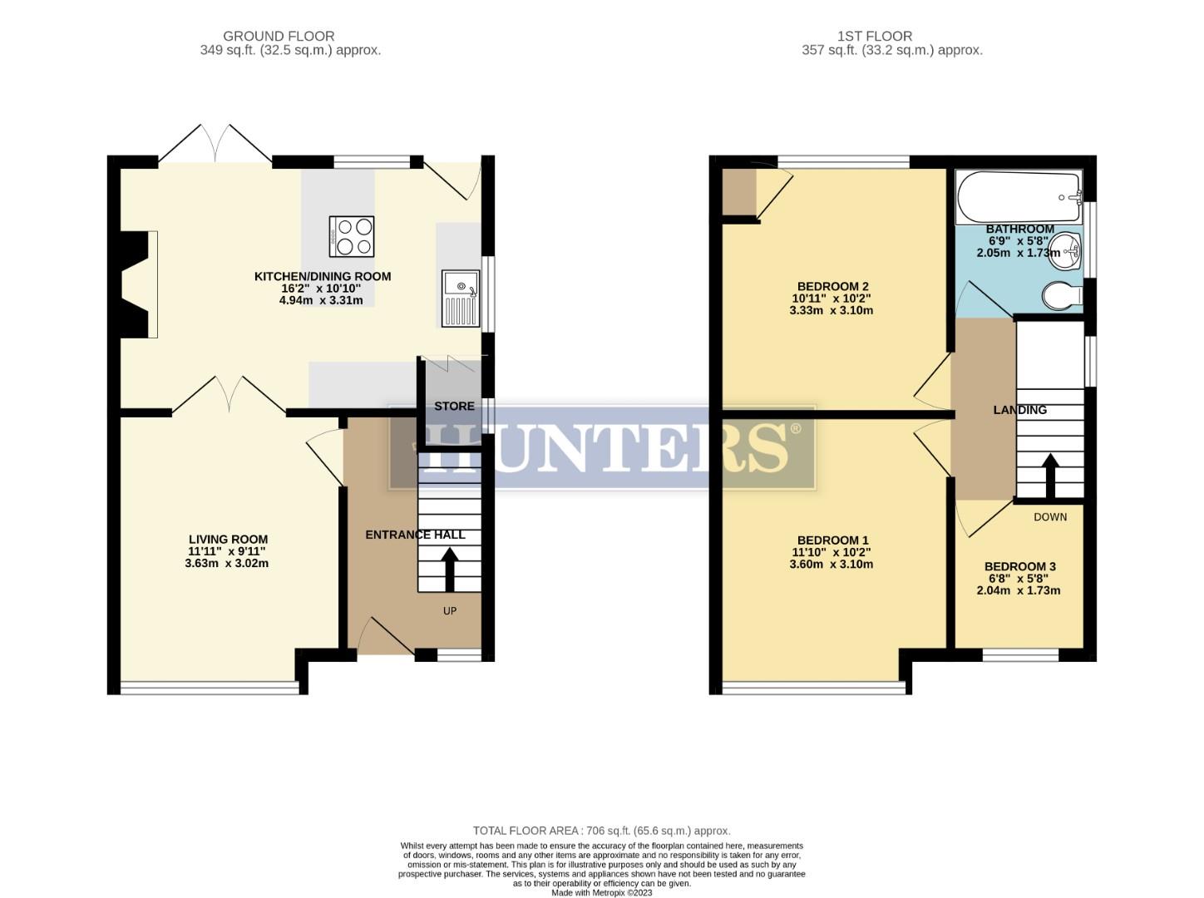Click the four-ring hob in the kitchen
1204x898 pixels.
tap(352, 236)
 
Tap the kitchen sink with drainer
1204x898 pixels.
tap(461, 299)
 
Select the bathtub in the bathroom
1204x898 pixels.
tap(1018, 196)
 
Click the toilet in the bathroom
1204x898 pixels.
tap(1062, 295)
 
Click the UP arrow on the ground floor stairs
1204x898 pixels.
tap(449, 570)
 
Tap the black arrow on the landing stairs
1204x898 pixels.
tap(1050, 475)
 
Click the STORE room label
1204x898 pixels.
tap(454, 406)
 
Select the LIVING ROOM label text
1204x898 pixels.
tap(228, 539)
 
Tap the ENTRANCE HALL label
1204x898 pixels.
tap(415, 535)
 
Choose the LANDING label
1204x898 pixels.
tap(1019, 410)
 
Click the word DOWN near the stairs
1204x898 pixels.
tap(1049, 517)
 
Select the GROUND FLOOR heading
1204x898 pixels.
tap(279, 36)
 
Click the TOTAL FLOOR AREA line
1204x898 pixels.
tap(601, 830)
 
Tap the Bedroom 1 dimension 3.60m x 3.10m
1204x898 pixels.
tap(831, 564)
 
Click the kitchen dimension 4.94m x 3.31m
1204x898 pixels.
tap(321, 300)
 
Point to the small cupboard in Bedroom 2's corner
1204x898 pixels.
tap(738, 192)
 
